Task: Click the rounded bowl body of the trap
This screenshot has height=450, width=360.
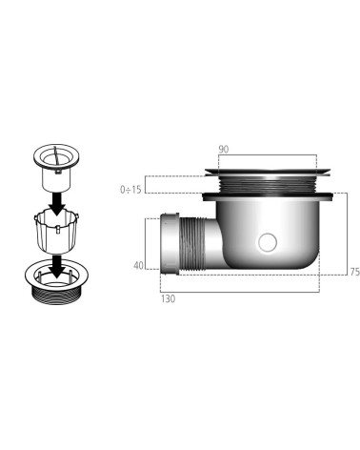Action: [x=286, y=234]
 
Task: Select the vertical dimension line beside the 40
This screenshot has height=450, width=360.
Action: [x=150, y=243]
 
